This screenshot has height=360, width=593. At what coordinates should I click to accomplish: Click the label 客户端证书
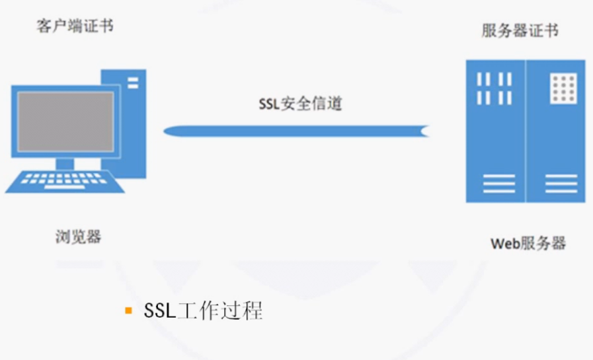[x=75, y=26]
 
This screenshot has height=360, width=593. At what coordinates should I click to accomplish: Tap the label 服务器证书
[x=520, y=31]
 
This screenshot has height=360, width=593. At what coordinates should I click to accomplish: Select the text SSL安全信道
[x=301, y=104]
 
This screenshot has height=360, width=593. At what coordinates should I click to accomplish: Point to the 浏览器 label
[x=78, y=236]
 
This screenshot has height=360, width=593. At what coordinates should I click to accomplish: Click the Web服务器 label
[x=528, y=243]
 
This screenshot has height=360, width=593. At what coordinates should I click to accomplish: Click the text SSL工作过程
[x=203, y=310]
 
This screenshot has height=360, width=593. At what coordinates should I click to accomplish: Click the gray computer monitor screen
[x=65, y=121]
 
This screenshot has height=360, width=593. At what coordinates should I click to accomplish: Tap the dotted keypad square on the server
[x=563, y=89]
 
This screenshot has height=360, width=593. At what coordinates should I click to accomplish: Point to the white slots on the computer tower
[x=133, y=83]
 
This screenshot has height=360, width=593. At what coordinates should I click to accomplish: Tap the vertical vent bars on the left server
[x=494, y=89]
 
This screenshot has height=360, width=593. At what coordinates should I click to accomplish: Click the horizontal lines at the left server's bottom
[x=498, y=183]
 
